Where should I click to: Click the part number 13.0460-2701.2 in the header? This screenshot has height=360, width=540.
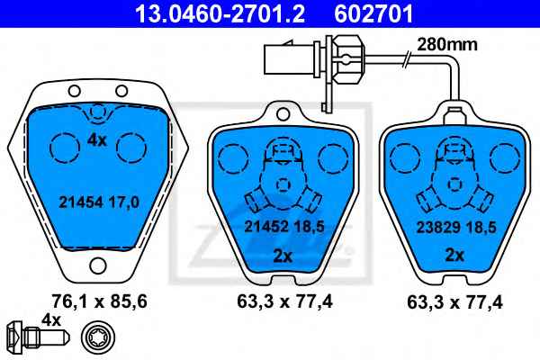pyautogui.click(x=220, y=13)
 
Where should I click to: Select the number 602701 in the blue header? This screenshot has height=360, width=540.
pyautogui.click(x=373, y=13)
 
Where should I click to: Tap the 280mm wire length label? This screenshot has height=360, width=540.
pyautogui.click(x=447, y=44)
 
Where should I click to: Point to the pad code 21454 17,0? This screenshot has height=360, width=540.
pyautogui.click(x=99, y=202)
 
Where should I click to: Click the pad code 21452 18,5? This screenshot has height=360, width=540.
pyautogui.click(x=284, y=227)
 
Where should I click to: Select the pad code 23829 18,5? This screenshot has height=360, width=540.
pyautogui.click(x=456, y=228)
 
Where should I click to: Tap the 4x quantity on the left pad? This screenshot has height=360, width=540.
pyautogui.click(x=97, y=140)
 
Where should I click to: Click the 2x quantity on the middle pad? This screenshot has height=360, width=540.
pyautogui.click(x=283, y=256)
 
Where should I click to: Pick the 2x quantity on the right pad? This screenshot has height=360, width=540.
pyautogui.click(x=454, y=256)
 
